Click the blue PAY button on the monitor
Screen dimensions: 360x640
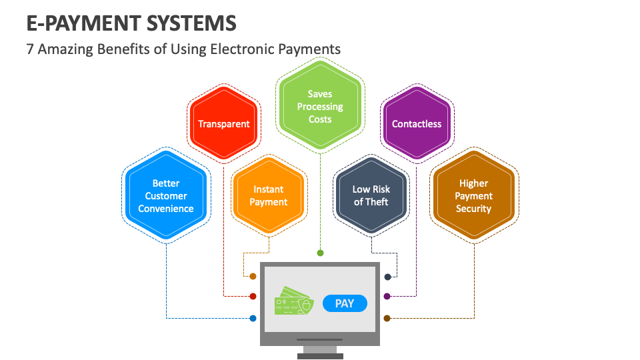[x=344, y=303]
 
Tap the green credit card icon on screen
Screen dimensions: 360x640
[x=293, y=302]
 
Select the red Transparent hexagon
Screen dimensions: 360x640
[x=223, y=124]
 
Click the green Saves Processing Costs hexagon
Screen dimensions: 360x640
[x=320, y=107]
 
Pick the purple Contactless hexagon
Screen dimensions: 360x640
[x=417, y=124]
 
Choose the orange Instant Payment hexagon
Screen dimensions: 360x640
[x=269, y=195]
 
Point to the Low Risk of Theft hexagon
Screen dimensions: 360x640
[x=371, y=195]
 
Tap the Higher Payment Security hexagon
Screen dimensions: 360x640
[x=474, y=195]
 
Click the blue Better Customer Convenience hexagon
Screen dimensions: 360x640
[x=166, y=195]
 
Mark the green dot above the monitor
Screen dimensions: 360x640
[x=320, y=253]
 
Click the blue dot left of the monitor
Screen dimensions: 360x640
[x=253, y=318]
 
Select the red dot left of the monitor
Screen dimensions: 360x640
[x=253, y=296]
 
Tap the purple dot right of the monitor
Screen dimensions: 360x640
[x=387, y=296]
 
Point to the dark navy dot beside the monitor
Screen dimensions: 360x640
[x=387, y=276]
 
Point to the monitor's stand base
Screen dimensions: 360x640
[x=320, y=356]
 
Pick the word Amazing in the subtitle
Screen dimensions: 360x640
[x=66, y=49]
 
